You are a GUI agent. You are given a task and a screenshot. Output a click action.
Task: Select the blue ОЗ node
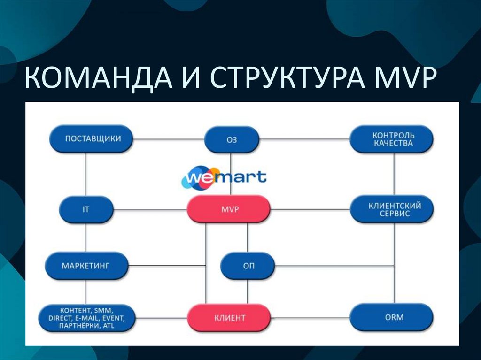232,139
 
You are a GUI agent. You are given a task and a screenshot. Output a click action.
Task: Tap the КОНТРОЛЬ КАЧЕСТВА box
393,139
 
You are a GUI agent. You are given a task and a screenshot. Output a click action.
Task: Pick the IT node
86,209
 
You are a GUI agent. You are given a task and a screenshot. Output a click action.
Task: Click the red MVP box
229,209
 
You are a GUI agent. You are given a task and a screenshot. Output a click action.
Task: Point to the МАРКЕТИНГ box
86,266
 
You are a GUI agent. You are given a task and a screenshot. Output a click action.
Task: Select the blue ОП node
248,266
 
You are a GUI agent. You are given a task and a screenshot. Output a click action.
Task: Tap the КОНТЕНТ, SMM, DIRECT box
86,318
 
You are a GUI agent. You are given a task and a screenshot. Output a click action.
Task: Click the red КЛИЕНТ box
229,318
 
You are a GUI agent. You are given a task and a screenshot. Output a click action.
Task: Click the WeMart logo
224,177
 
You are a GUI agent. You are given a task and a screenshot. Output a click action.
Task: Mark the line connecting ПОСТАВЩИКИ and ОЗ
168,139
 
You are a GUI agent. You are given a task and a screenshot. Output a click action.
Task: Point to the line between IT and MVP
150,209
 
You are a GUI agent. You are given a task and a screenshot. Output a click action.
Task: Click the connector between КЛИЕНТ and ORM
310,318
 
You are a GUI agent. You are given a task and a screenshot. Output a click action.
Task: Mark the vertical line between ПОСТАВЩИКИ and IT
85,175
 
